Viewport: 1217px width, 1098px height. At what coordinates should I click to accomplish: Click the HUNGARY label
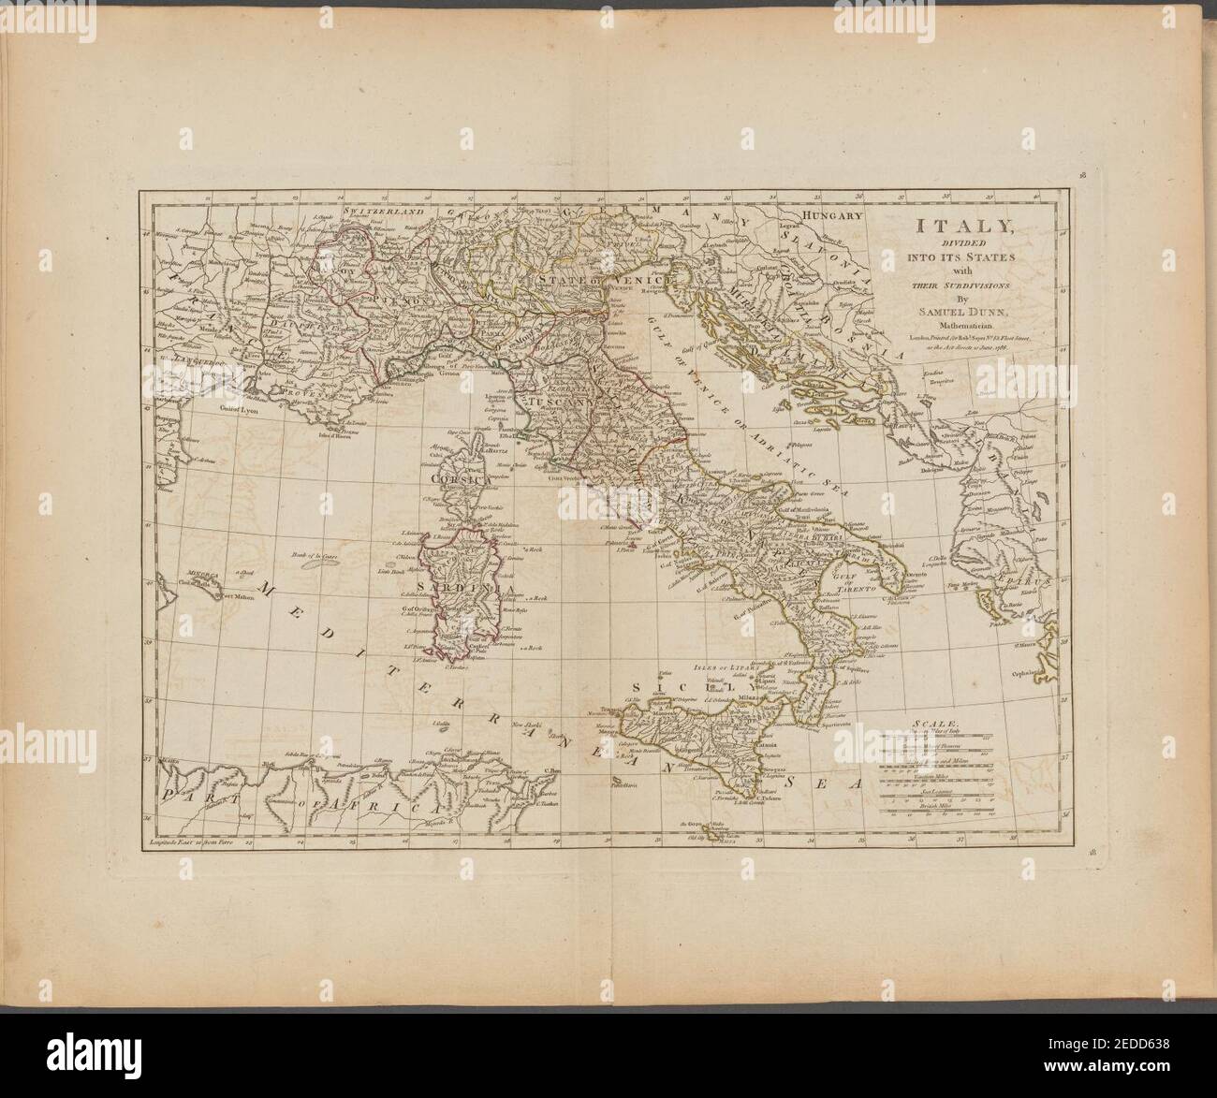tap(828, 215)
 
